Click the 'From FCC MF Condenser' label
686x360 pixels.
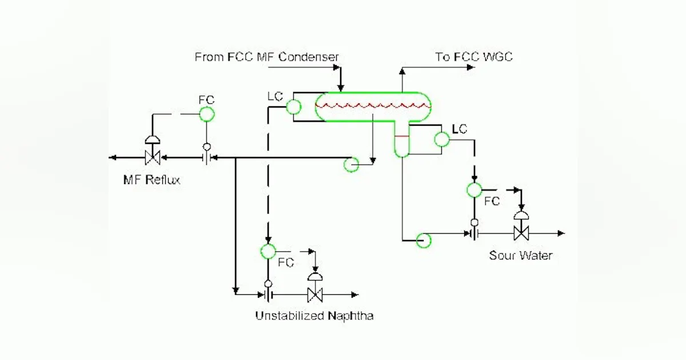point(266,57)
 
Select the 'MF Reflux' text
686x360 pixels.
point(151,180)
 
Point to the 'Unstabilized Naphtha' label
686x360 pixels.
point(314,316)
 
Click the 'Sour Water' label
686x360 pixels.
point(520,255)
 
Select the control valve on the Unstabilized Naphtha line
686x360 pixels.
point(314,295)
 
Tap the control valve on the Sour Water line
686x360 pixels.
point(521,233)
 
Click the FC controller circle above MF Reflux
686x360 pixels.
point(206,114)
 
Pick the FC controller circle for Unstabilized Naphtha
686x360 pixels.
point(268,250)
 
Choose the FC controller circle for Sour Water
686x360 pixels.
point(474,190)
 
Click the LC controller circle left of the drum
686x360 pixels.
point(293,106)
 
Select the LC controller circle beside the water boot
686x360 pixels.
point(442,139)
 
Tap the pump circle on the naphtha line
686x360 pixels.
point(350,165)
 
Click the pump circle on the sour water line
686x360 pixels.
point(424,240)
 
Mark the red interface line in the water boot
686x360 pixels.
point(402,136)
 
